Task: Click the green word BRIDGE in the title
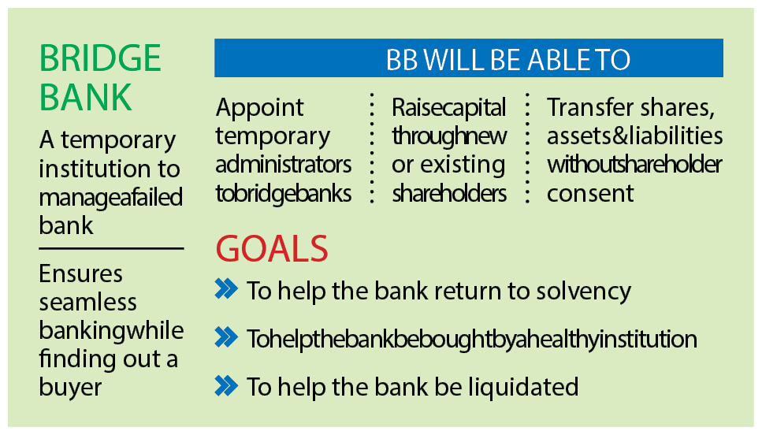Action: tap(100, 58)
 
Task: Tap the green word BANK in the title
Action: tap(86, 97)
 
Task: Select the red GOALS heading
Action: tap(272, 249)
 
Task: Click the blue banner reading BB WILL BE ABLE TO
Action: tap(469, 58)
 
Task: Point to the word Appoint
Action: tap(259, 108)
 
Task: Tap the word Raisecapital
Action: tap(449, 108)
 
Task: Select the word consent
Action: tap(590, 194)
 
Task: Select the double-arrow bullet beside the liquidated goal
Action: tap(226, 386)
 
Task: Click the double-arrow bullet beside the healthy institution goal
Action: tap(226, 337)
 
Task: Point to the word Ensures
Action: tap(80, 273)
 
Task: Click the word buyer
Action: tap(70, 388)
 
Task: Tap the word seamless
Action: tap(88, 303)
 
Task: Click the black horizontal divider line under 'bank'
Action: tap(111, 248)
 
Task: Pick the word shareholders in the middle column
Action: tap(449, 193)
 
